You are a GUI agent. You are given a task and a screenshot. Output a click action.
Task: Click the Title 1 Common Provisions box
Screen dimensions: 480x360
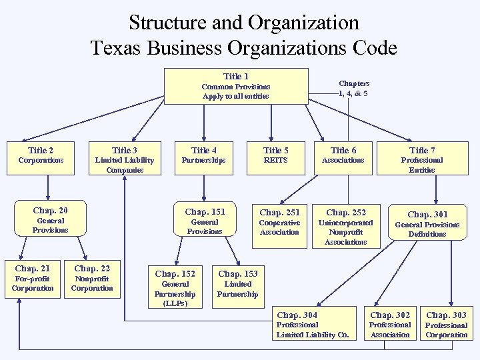point(236,87)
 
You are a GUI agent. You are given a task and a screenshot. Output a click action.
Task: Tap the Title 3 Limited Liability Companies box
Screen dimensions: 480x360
point(125,159)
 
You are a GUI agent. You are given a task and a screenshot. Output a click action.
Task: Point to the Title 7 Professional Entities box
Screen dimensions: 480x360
point(422,159)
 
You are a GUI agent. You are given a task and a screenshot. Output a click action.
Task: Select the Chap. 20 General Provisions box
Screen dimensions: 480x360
point(50,220)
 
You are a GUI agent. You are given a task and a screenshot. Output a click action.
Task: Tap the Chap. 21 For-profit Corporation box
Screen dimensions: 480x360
point(33,279)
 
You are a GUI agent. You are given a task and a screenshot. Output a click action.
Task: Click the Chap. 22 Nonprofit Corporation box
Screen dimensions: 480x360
point(92,279)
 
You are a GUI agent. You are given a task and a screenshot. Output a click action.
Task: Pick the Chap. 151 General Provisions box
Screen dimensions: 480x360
point(205,221)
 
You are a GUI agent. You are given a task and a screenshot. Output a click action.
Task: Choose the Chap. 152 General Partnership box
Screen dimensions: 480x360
point(175,287)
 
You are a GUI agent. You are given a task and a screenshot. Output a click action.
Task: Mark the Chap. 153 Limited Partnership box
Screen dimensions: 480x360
point(237,283)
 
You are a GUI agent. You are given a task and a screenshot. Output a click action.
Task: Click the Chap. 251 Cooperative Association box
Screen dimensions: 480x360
point(279,222)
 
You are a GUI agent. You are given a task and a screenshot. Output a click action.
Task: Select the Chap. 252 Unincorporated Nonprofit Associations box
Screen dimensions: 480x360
point(345,227)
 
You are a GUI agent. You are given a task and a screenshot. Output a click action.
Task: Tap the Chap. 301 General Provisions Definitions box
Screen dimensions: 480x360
point(427,225)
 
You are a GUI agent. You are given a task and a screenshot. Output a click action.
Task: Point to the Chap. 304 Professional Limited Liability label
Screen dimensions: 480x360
point(312,325)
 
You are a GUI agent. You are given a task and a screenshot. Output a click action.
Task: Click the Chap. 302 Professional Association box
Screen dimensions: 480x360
point(390,325)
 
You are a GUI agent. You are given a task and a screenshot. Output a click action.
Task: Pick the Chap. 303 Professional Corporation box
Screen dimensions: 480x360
point(447,325)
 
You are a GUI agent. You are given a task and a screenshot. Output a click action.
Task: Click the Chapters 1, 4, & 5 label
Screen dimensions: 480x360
point(354,89)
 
